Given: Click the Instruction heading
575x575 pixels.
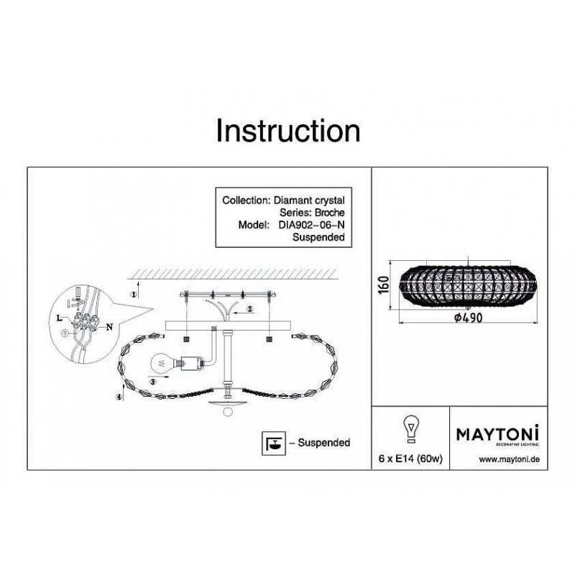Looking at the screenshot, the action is (288, 131).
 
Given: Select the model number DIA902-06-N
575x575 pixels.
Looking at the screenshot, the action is (311, 225).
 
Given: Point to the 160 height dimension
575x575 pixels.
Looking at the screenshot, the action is (383, 285).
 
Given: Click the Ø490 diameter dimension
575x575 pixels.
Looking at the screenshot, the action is (469, 318).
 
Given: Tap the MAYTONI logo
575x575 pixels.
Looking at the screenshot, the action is (497, 435).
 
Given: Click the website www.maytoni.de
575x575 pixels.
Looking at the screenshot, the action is (510, 459).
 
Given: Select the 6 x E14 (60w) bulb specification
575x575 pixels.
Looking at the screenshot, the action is (410, 459).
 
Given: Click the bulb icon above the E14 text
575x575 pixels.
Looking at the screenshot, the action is (411, 428).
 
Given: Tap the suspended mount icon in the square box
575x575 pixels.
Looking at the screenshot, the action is (274, 443).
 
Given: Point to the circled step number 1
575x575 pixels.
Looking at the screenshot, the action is (134, 294).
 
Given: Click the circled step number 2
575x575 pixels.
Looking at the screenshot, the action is (250, 309).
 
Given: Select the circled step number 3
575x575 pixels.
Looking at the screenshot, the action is (153, 382).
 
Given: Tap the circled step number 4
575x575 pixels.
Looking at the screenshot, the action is (119, 397).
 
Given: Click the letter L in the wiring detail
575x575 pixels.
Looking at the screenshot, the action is (59, 318).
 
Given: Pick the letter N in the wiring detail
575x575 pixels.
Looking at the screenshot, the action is (109, 327).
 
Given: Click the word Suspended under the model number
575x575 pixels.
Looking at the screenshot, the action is (318, 237).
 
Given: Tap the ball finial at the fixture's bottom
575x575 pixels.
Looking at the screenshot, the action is (227, 411).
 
